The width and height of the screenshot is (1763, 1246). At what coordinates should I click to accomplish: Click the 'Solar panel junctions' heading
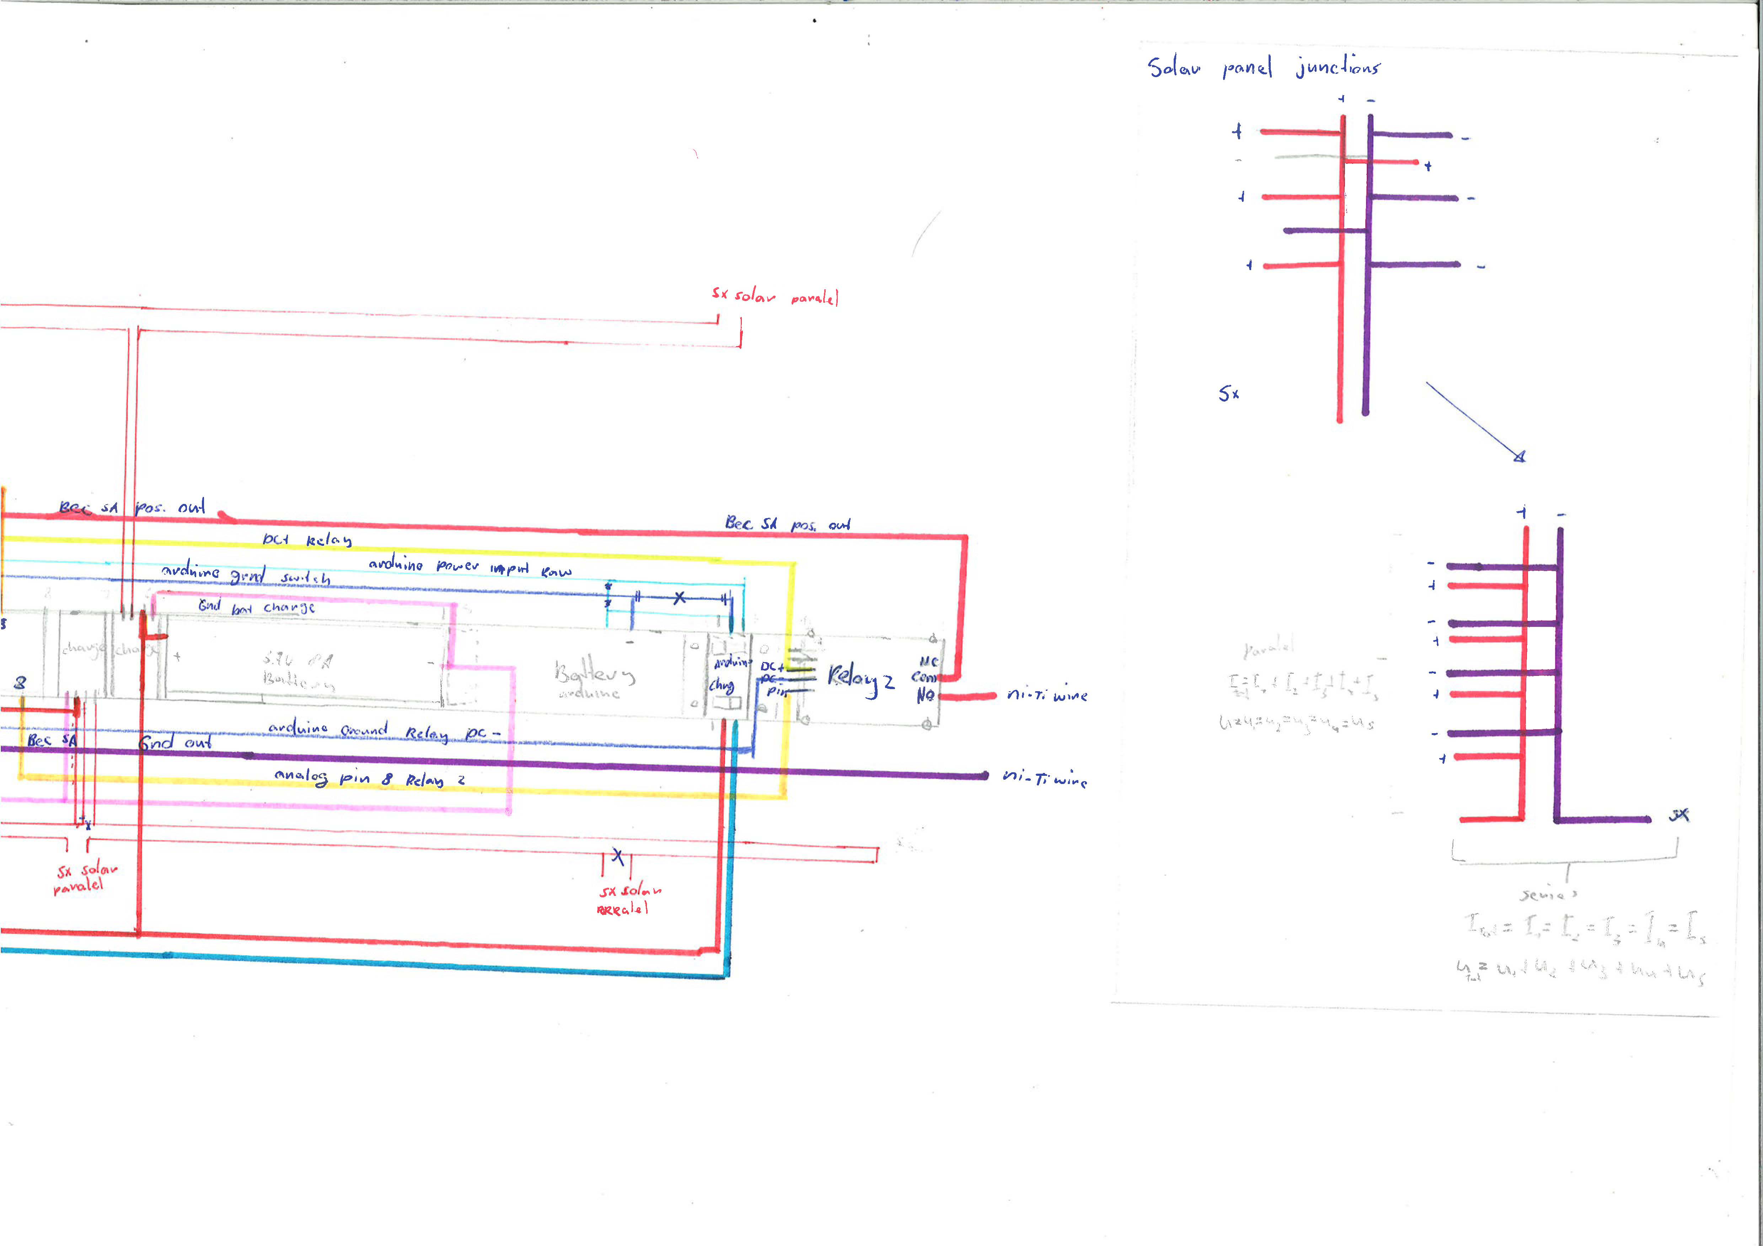pyautogui.click(x=1263, y=68)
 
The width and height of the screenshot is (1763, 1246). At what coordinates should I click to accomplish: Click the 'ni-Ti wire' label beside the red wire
pyautogui.click(x=1046, y=695)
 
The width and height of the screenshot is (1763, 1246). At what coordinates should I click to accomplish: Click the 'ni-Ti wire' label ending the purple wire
pyautogui.click(x=1044, y=778)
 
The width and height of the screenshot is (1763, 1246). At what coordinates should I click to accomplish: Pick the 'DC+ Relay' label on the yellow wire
pyautogui.click(x=307, y=540)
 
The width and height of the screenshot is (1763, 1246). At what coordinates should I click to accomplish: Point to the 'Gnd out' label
pyautogui.click(x=175, y=742)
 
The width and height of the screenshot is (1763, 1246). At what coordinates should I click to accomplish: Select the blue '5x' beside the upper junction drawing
pyautogui.click(x=1228, y=394)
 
